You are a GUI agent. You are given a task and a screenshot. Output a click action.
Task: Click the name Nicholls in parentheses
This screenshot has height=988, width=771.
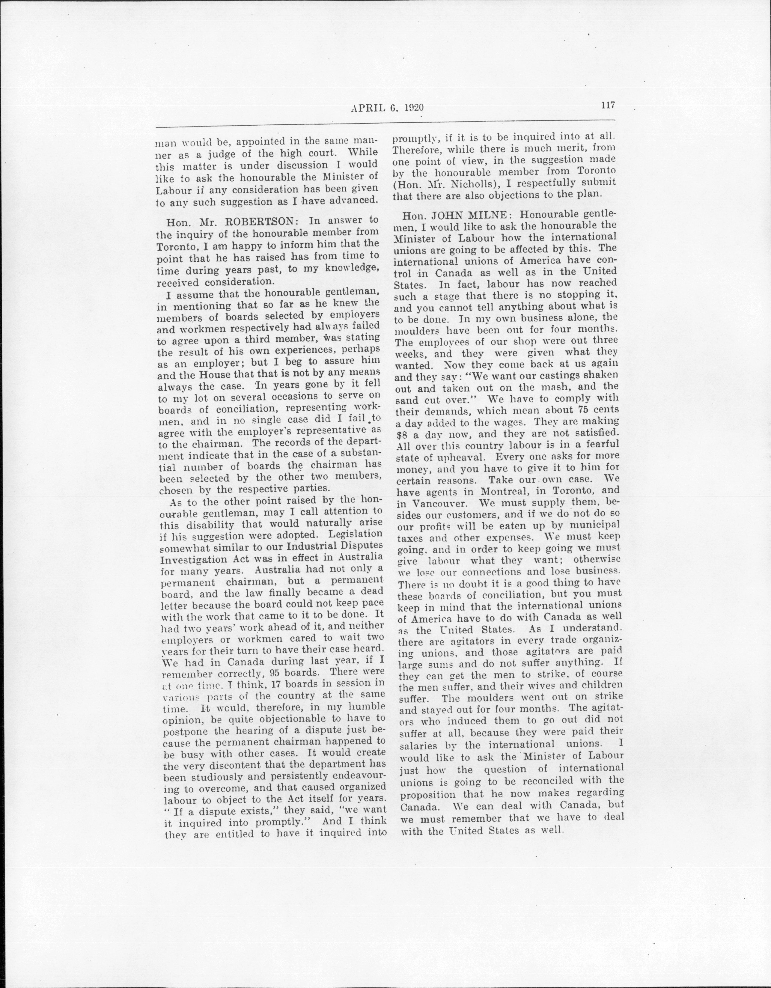[x=473, y=183]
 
